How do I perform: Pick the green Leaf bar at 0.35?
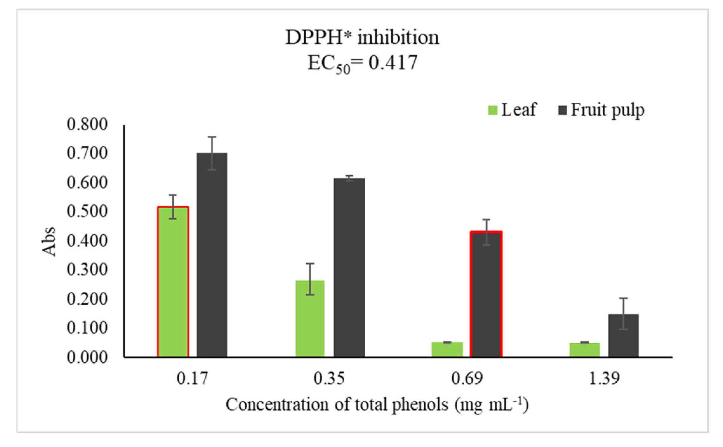pos(310,318)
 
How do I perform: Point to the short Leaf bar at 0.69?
pos(447,349)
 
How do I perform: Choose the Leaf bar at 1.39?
pos(584,349)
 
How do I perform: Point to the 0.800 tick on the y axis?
pos(87,124)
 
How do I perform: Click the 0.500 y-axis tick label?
pos(87,211)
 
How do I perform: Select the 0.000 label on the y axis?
pos(87,357)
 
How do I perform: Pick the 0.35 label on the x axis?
pos(329,378)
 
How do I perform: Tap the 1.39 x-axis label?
pos(604,378)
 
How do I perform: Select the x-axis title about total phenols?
pos(377,405)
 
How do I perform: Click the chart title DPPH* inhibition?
pos(362,37)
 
